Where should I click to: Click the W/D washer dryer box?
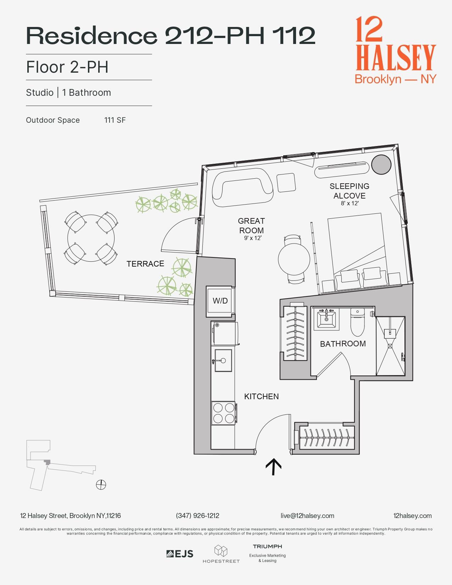pyautogui.click(x=220, y=301)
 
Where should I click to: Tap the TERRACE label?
pyautogui.click(x=145, y=264)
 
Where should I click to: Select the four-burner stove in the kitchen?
pyautogui.click(x=223, y=413)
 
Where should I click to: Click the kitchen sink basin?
pyautogui.click(x=223, y=361)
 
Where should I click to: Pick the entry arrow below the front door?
pyautogui.click(x=274, y=466)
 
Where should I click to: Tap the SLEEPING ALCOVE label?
pyautogui.click(x=349, y=191)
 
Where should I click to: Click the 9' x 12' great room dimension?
pyautogui.click(x=252, y=238)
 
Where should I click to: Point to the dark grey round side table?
pyautogui.click(x=381, y=165)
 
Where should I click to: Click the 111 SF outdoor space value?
pyautogui.click(x=115, y=120)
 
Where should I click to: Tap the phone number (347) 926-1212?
pyautogui.click(x=197, y=516)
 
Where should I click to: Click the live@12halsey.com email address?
pyautogui.click(x=307, y=516)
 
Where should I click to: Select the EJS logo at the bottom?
pyautogui.click(x=180, y=554)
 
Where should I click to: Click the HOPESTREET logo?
pyautogui.click(x=221, y=554)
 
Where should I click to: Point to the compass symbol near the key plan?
pyautogui.click(x=101, y=484)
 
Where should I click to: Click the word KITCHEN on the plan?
pyautogui.click(x=261, y=396)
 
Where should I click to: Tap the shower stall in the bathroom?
pyautogui.click(x=390, y=346)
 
